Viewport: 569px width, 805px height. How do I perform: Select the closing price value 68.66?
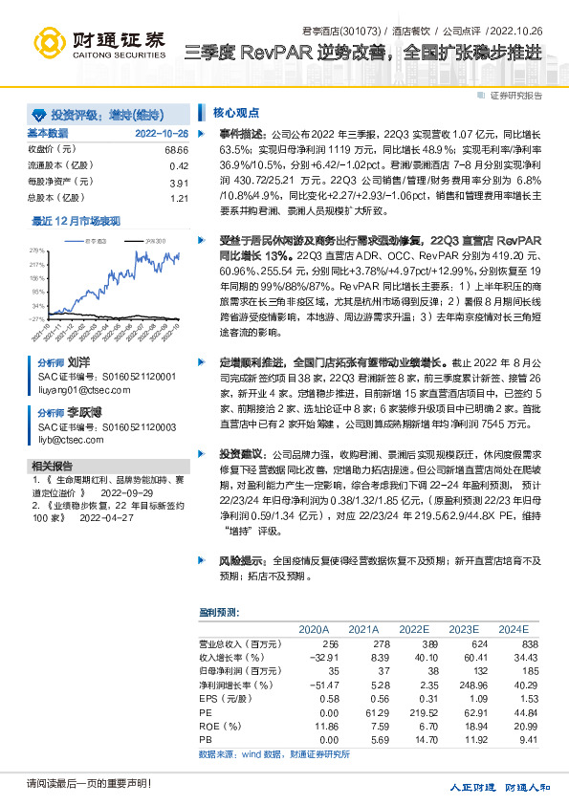point(177,150)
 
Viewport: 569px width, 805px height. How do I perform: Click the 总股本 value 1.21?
point(179,198)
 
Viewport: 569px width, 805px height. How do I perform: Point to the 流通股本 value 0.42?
point(179,166)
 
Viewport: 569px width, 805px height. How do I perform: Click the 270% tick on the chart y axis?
point(38,249)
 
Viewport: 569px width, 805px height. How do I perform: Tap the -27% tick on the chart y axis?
point(37,318)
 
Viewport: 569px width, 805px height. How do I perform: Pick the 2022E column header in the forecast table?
point(415,629)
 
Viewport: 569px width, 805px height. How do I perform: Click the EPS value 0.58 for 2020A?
point(316,699)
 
